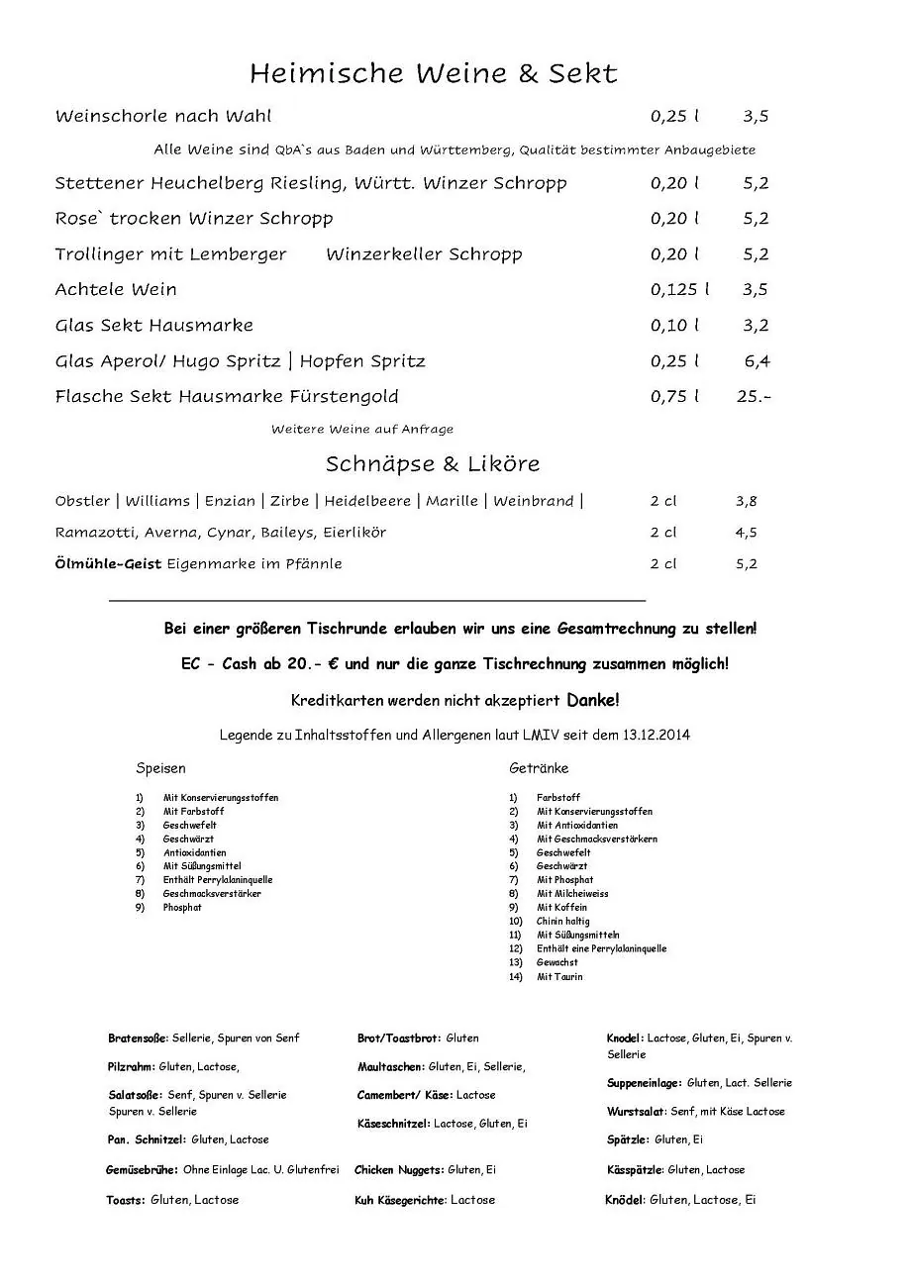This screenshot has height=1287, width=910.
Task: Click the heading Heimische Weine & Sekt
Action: [433, 73]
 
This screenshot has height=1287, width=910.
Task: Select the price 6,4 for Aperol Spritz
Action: [757, 361]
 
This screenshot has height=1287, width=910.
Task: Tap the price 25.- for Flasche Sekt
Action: [754, 397]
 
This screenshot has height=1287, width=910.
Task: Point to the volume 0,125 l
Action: [679, 290]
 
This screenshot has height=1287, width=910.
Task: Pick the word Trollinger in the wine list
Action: [96, 254]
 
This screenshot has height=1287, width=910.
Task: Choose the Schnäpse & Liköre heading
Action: [433, 464]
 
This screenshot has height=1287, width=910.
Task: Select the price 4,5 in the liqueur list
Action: [746, 533]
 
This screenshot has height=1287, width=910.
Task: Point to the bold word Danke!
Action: [593, 701]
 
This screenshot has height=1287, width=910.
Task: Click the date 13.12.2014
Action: [657, 735]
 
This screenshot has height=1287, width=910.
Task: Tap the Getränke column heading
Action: [539, 768]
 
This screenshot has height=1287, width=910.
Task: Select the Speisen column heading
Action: [160, 768]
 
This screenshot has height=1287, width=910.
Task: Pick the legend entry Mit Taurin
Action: [559, 977]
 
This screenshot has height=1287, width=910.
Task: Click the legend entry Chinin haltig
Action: [563, 922]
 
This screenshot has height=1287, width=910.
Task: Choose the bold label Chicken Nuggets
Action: [399, 1170]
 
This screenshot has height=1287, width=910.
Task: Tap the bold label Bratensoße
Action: [138, 1039]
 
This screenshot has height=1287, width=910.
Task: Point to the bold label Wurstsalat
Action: [636, 1112]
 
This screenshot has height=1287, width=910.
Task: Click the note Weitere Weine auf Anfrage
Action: [362, 430]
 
